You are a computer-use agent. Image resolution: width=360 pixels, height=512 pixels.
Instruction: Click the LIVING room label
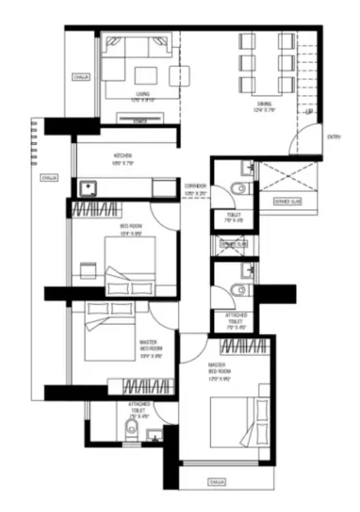pos(142,94)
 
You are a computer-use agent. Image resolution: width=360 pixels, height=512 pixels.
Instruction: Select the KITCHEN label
pos(123,155)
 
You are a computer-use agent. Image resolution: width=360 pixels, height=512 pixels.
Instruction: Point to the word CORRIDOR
pos(196,186)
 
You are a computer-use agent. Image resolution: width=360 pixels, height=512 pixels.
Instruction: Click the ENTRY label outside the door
pos(334,137)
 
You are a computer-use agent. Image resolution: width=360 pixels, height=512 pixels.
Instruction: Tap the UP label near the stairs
pos(309,112)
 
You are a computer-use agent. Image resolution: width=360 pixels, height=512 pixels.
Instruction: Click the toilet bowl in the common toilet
pos(237,188)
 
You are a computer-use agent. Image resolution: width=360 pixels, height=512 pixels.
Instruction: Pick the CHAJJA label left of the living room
pos(81,77)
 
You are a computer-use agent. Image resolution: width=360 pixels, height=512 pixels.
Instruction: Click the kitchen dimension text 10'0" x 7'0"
pos(123,164)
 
